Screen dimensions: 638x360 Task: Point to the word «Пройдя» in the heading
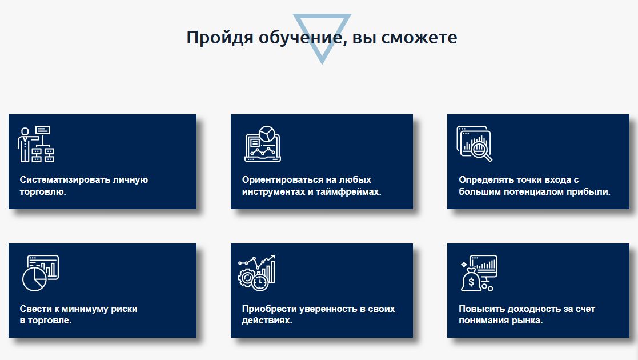tap(220, 38)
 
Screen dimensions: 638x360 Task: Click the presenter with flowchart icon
tap(36, 144)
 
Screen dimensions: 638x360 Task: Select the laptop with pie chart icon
tap(263, 144)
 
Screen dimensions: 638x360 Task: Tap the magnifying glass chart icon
tap(475, 144)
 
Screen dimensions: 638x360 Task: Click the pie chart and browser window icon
tap(41, 273)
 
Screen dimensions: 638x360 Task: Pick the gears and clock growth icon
tap(257, 273)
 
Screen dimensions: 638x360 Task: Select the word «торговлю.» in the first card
tap(43, 192)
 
